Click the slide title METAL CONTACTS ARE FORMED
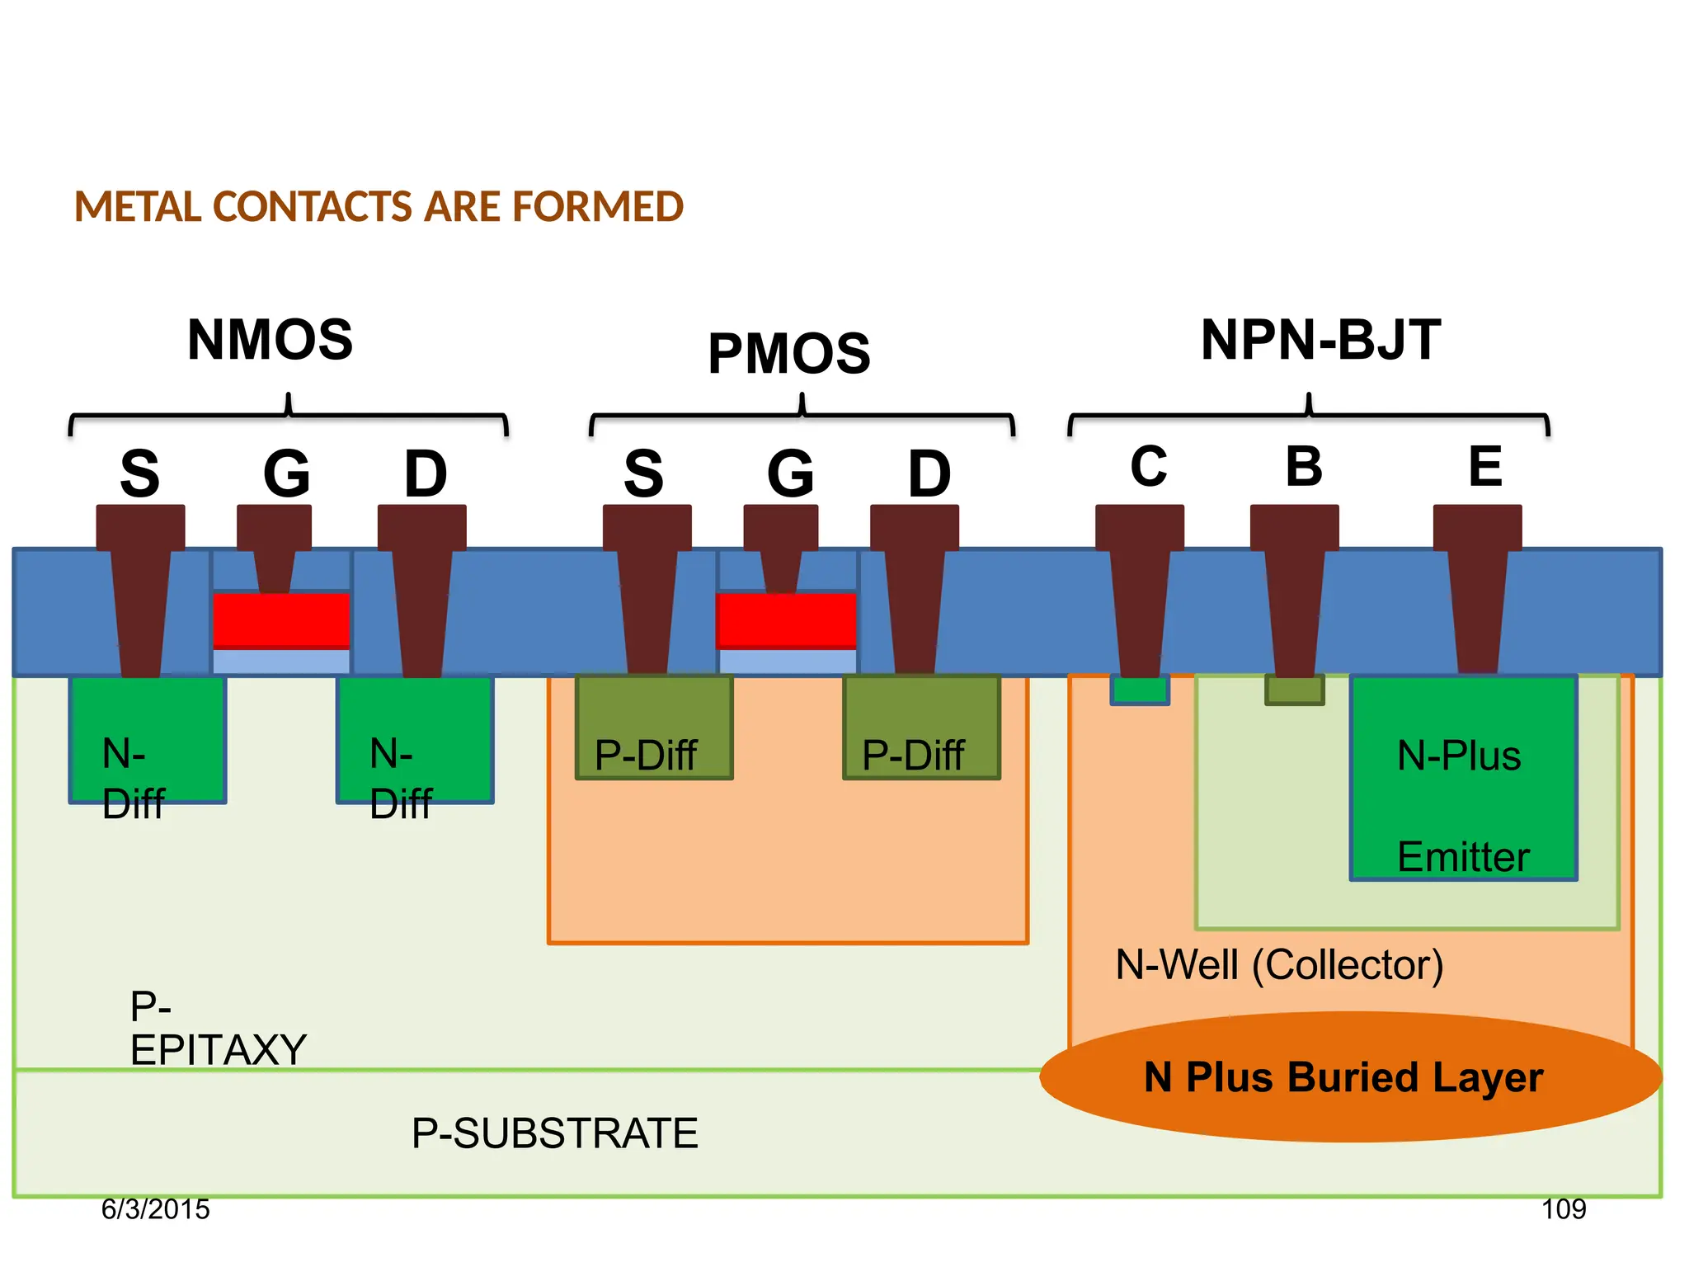379,206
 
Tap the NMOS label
270,340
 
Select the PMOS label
789,354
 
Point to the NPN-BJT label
1320,340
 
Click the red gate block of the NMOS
281,619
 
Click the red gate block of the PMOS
786,619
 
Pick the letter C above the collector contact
1148,466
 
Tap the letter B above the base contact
1304,466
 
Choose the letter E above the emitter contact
1485,466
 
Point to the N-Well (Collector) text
1279,964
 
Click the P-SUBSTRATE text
554,1133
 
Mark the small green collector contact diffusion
1140,690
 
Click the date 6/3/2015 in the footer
155,1209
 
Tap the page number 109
1563,1209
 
